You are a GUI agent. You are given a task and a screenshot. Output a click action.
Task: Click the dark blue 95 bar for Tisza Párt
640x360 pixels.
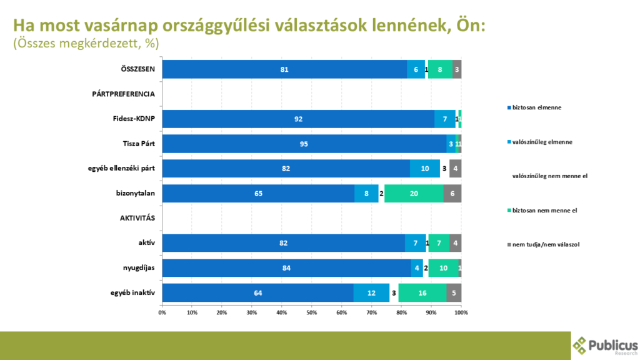pyautogui.click(x=304, y=144)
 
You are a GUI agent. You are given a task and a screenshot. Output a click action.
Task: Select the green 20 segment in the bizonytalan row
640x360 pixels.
pyautogui.click(x=414, y=194)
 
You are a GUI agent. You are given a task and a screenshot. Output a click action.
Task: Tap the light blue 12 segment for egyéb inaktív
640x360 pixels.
pyautogui.click(x=371, y=292)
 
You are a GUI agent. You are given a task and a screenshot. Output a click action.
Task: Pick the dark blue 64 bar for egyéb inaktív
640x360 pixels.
pyautogui.click(x=257, y=292)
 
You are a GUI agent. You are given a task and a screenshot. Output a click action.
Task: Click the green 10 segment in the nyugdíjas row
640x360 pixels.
pyautogui.click(x=444, y=268)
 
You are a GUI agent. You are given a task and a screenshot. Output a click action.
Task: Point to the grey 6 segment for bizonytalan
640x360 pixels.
pyautogui.click(x=452, y=194)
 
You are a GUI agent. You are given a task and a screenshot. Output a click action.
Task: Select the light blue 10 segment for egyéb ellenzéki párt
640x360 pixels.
pyautogui.click(x=425, y=169)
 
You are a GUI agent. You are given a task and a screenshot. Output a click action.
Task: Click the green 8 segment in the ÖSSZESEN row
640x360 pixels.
pyautogui.click(x=440, y=69)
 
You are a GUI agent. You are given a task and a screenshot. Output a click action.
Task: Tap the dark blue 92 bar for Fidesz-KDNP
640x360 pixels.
pyautogui.click(x=298, y=119)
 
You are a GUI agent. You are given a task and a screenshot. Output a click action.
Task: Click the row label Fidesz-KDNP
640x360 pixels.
pyautogui.click(x=137, y=119)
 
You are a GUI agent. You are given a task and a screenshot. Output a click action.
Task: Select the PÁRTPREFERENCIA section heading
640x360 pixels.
pyautogui.click(x=123, y=94)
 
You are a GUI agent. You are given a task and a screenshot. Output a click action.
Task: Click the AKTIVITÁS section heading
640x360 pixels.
pyautogui.click(x=137, y=218)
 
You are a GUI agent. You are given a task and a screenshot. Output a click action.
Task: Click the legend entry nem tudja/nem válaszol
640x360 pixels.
pyautogui.click(x=546, y=244)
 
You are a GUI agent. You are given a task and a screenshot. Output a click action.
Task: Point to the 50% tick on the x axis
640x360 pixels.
pyautogui.click(x=312, y=311)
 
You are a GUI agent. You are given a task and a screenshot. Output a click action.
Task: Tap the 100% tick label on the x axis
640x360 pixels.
pyautogui.click(x=461, y=311)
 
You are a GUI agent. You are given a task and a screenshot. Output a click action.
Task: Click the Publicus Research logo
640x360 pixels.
pyautogui.click(x=605, y=346)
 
